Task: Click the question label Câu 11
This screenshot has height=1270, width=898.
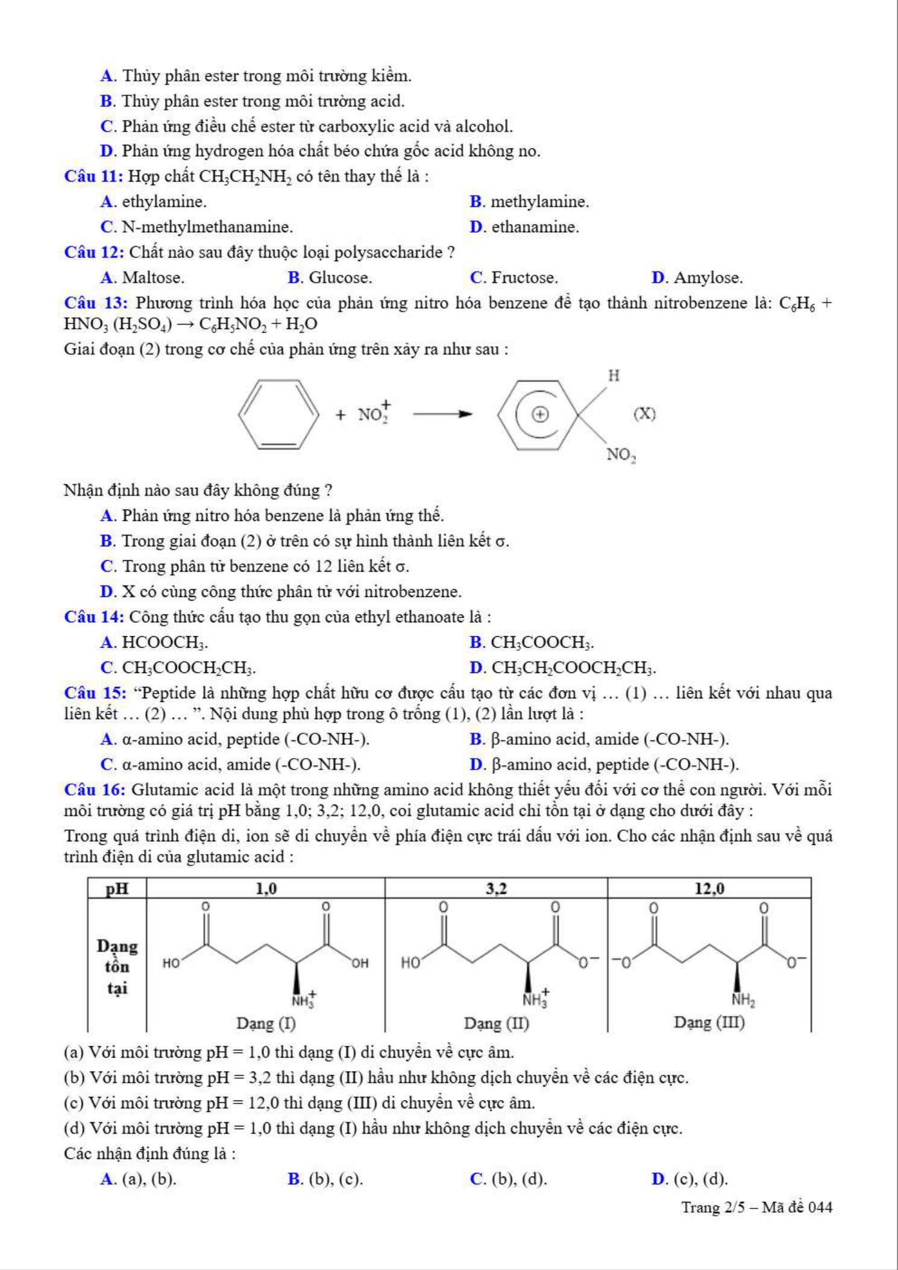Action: click(93, 177)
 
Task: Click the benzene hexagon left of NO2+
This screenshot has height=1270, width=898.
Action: click(278, 414)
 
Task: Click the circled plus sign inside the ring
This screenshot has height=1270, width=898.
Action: click(540, 414)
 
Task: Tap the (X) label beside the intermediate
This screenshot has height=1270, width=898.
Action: click(644, 414)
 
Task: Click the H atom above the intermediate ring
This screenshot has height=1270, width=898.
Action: click(614, 376)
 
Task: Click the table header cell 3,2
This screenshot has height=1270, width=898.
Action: click(496, 888)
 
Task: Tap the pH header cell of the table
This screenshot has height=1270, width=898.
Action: click(118, 888)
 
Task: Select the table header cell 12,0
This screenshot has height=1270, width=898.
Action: click(709, 888)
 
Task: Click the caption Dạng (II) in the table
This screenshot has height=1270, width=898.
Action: click(496, 1023)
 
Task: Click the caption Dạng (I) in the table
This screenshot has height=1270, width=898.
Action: click(266, 1023)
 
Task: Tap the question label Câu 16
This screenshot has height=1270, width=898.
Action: click(95, 790)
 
